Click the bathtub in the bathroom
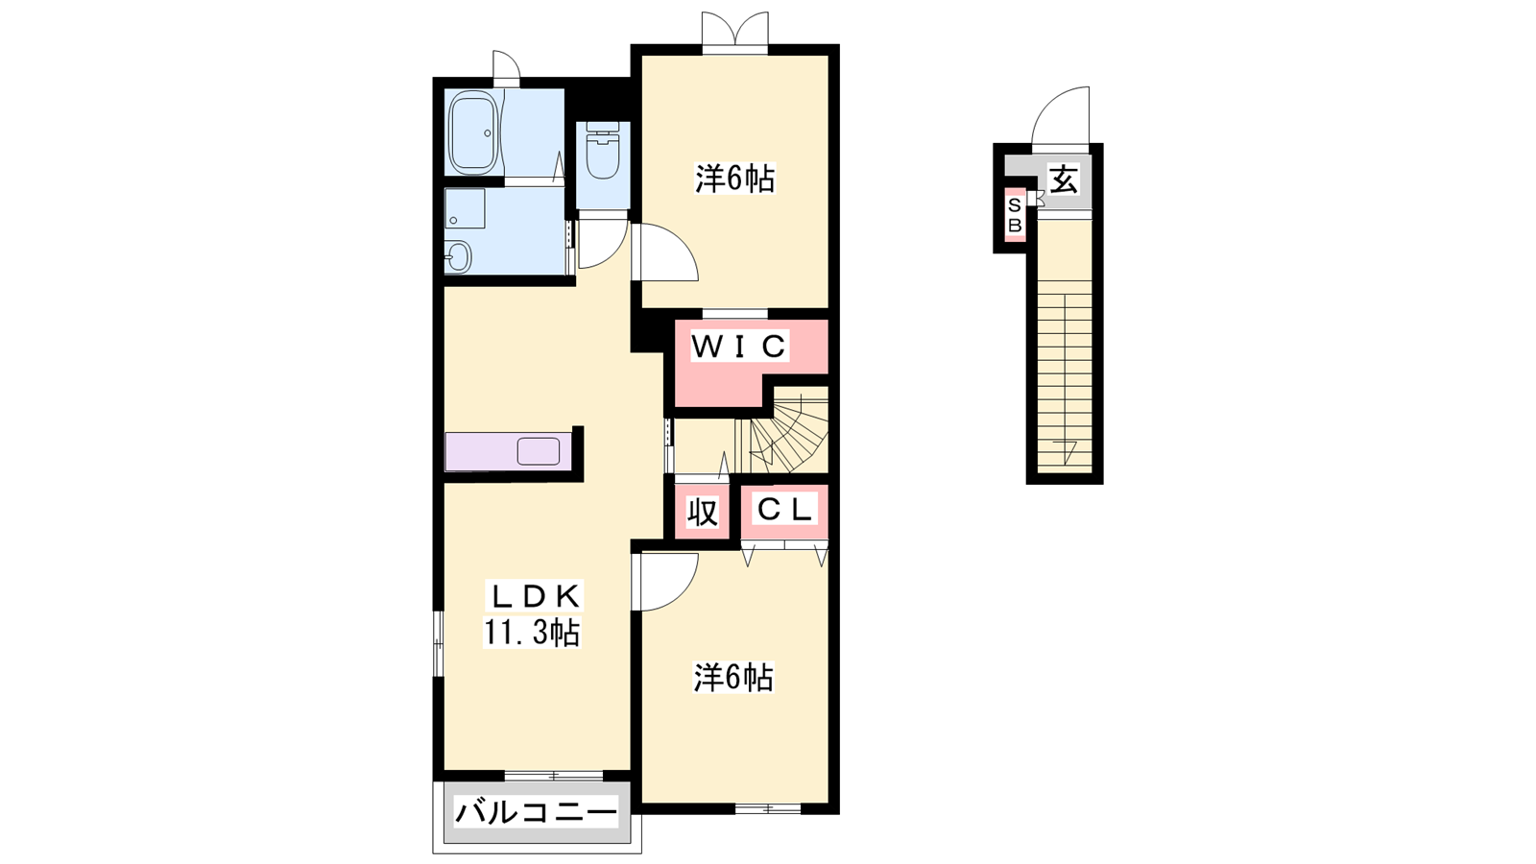[474, 133]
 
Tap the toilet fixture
[603, 151]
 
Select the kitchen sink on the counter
[539, 452]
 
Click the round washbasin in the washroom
[458, 257]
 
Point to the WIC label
[738, 347]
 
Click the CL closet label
[784, 510]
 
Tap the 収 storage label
[702, 513]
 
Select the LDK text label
[535, 596]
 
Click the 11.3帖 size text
[532, 633]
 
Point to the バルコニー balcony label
[536, 814]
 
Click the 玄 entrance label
[1064, 180]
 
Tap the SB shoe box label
[1015, 215]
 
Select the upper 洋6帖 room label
[735, 179]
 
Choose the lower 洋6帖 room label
[733, 678]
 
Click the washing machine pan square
[465, 207]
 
